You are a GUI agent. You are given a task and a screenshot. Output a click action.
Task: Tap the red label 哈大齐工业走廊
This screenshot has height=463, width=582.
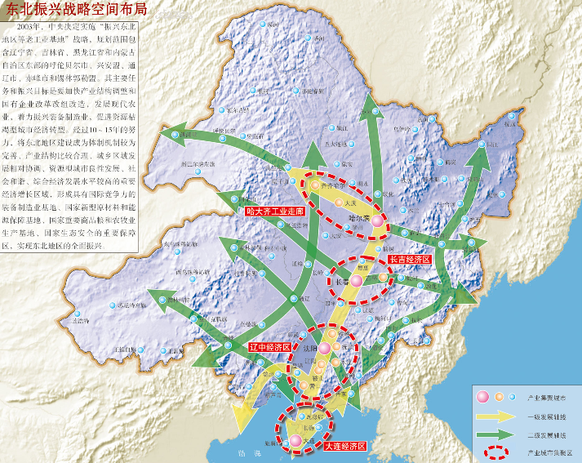275,211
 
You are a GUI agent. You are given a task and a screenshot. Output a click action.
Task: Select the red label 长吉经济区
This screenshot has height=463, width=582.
409,260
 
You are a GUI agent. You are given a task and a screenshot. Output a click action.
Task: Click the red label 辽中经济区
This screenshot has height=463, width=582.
269,346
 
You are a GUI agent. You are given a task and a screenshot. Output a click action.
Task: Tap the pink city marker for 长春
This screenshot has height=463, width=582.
356,281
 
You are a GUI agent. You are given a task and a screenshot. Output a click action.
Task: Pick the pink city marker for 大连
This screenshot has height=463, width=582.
295,441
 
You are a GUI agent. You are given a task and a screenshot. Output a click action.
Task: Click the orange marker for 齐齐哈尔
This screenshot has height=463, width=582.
314,185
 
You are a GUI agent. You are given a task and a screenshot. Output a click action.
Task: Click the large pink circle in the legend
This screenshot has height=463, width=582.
482,397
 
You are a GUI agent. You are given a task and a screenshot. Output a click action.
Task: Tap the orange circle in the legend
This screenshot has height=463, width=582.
497,397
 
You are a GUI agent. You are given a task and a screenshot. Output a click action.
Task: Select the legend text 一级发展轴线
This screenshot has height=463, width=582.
545,415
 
